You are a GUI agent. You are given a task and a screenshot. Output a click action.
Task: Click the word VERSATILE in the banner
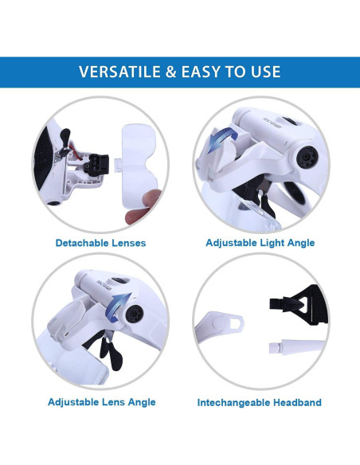tap(121, 72)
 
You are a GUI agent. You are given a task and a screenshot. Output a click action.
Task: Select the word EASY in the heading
tap(207, 72)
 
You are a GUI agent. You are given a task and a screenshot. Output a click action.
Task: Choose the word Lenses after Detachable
tap(129, 243)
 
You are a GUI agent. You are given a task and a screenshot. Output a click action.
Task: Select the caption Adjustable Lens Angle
tap(101, 402)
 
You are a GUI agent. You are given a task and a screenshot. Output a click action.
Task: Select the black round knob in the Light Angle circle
tap(305, 158)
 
